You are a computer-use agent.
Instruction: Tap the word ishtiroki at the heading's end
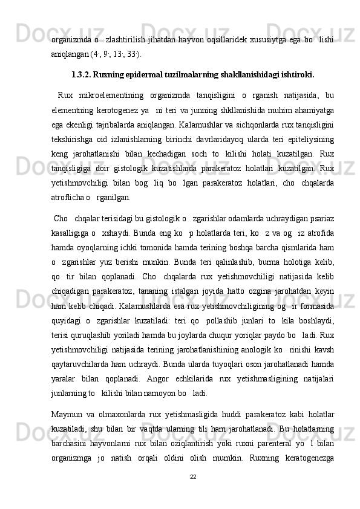pos(296,76)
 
